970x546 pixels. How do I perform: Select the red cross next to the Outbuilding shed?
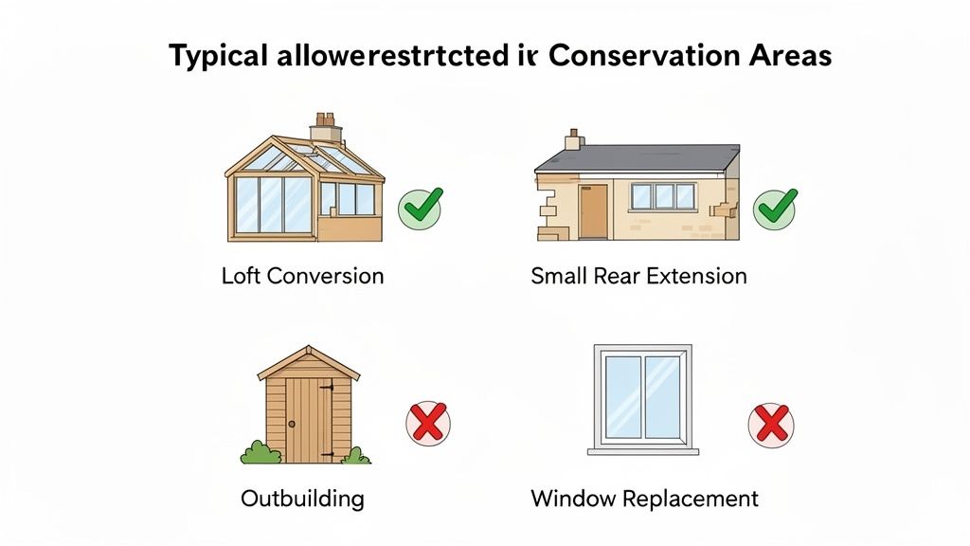click(x=428, y=423)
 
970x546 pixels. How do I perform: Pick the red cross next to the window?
click(x=772, y=423)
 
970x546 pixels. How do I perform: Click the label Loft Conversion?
click(x=302, y=276)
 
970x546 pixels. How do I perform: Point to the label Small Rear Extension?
click(x=638, y=276)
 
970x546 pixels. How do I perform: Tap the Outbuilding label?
click(x=302, y=498)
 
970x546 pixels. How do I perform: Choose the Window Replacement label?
click(x=644, y=498)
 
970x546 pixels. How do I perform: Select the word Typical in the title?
click(x=219, y=57)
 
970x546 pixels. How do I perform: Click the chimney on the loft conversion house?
click(x=327, y=124)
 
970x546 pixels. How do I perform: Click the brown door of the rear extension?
click(x=594, y=209)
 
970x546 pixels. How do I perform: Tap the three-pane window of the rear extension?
click(x=663, y=196)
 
